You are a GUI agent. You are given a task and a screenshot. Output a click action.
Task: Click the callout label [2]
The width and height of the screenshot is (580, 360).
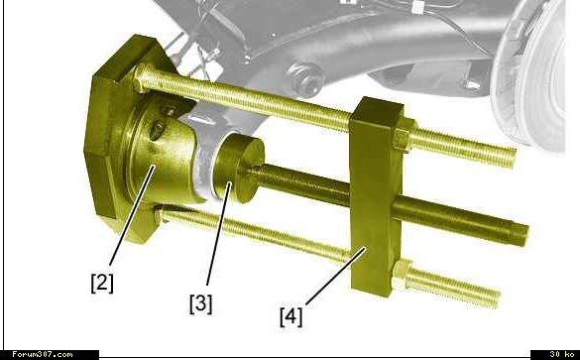pyautogui.click(x=102, y=283)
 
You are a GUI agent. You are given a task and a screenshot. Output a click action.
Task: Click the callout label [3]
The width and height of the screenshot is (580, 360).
pyautogui.click(x=201, y=303)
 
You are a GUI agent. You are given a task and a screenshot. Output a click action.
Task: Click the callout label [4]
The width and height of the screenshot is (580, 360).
pyautogui.click(x=291, y=317)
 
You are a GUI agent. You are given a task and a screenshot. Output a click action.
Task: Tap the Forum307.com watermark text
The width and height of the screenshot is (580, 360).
pyautogui.click(x=43, y=354)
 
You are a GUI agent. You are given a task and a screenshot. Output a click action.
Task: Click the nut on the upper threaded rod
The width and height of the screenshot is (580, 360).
pyautogui.click(x=405, y=136)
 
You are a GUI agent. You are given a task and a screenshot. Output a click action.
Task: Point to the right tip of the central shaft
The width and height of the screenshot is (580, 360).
pyautogui.click(x=526, y=235)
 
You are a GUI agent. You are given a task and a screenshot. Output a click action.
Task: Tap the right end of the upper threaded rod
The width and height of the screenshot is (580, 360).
pyautogui.click(x=514, y=158)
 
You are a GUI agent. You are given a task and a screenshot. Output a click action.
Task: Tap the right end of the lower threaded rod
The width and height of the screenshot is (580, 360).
pyautogui.click(x=498, y=300)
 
